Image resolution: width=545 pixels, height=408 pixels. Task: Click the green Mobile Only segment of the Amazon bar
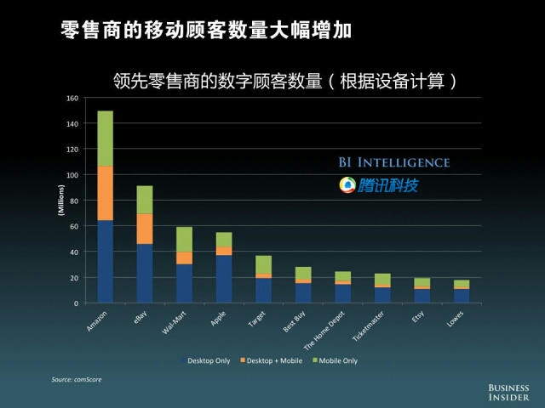[x=106, y=138]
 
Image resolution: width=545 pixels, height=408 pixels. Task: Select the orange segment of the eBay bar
[x=145, y=228]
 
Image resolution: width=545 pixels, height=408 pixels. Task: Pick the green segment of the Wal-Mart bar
[x=184, y=239]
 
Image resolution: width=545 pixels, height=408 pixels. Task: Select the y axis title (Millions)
[x=60, y=201]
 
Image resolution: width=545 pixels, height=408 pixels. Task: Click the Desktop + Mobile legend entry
[x=269, y=360]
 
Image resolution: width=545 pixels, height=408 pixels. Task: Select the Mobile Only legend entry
[x=337, y=360]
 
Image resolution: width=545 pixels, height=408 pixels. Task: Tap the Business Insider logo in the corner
[x=508, y=391]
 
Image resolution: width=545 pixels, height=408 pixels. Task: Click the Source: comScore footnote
[x=76, y=379]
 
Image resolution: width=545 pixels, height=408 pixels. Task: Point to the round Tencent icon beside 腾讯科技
[x=347, y=184]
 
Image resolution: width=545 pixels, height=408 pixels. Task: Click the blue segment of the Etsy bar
[x=422, y=296]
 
